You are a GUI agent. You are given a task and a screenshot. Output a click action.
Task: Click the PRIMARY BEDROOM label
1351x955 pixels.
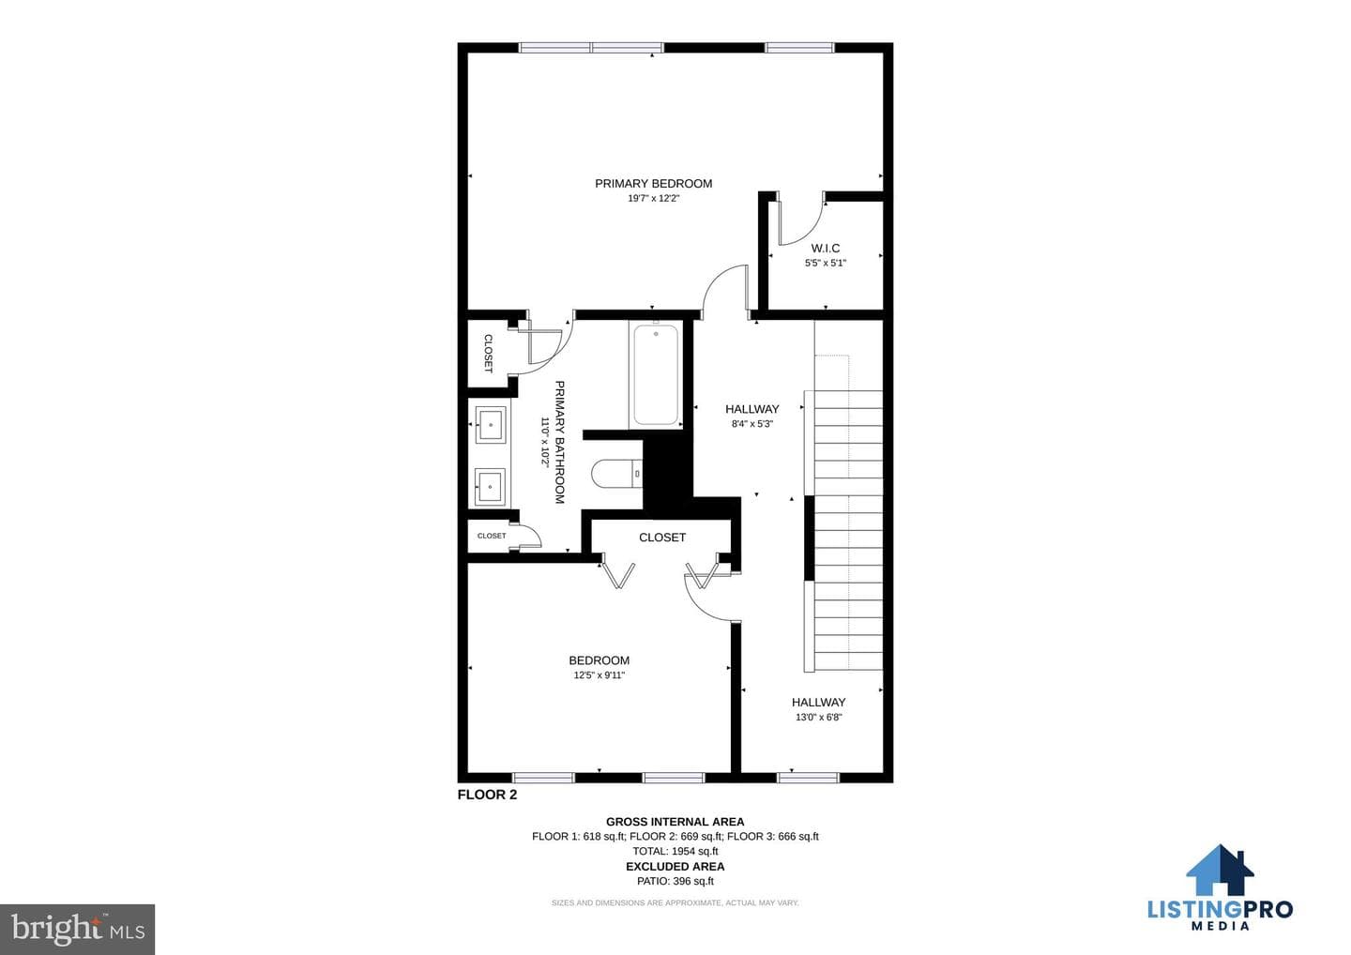[x=653, y=183]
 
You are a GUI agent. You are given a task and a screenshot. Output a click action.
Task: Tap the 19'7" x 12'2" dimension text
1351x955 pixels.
[x=653, y=198]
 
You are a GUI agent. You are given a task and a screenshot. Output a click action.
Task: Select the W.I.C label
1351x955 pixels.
[x=825, y=248]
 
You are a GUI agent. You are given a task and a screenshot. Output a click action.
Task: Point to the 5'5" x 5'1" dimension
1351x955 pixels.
[x=825, y=263]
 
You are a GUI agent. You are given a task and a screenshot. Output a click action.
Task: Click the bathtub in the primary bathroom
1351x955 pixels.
[x=656, y=374]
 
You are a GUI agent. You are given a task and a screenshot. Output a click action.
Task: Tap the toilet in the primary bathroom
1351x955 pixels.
[x=616, y=474]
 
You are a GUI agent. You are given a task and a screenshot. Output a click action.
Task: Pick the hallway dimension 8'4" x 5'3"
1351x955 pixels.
[x=752, y=424]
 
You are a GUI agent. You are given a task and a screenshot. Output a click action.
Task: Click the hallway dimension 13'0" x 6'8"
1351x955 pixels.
[x=818, y=717]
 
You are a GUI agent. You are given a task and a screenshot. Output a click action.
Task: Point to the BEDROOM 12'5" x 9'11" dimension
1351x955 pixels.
[x=599, y=675]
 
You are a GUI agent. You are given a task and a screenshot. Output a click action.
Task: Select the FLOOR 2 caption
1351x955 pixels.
[x=487, y=795]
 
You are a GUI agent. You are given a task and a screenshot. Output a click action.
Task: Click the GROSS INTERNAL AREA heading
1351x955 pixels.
[x=675, y=822]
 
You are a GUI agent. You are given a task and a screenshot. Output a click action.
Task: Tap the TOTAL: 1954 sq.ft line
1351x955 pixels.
[x=675, y=851]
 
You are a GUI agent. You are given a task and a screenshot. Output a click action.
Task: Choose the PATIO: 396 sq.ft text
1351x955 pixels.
[x=675, y=881]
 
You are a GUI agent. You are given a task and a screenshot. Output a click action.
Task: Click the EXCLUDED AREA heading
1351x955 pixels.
[x=675, y=867]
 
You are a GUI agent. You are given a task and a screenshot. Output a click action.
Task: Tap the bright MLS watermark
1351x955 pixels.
[x=78, y=929]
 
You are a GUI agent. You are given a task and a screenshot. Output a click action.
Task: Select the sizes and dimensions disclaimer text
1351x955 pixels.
[x=675, y=902]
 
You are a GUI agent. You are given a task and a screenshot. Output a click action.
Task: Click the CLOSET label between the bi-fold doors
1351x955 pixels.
[x=662, y=538]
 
